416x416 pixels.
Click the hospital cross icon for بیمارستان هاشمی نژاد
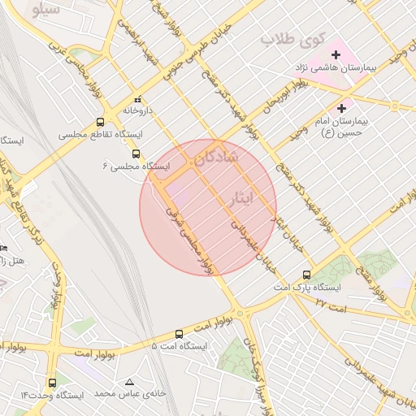coord(336,54)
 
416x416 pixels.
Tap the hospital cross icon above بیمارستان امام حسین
coord(341,107)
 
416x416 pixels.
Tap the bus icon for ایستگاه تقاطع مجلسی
coord(100,121)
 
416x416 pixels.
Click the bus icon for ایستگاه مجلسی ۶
coord(136,153)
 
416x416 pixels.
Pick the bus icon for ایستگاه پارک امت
coord(306,275)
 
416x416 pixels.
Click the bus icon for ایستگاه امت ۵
coord(180,333)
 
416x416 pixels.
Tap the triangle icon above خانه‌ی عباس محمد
coord(129,381)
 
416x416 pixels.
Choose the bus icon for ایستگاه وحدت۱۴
coord(53,383)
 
